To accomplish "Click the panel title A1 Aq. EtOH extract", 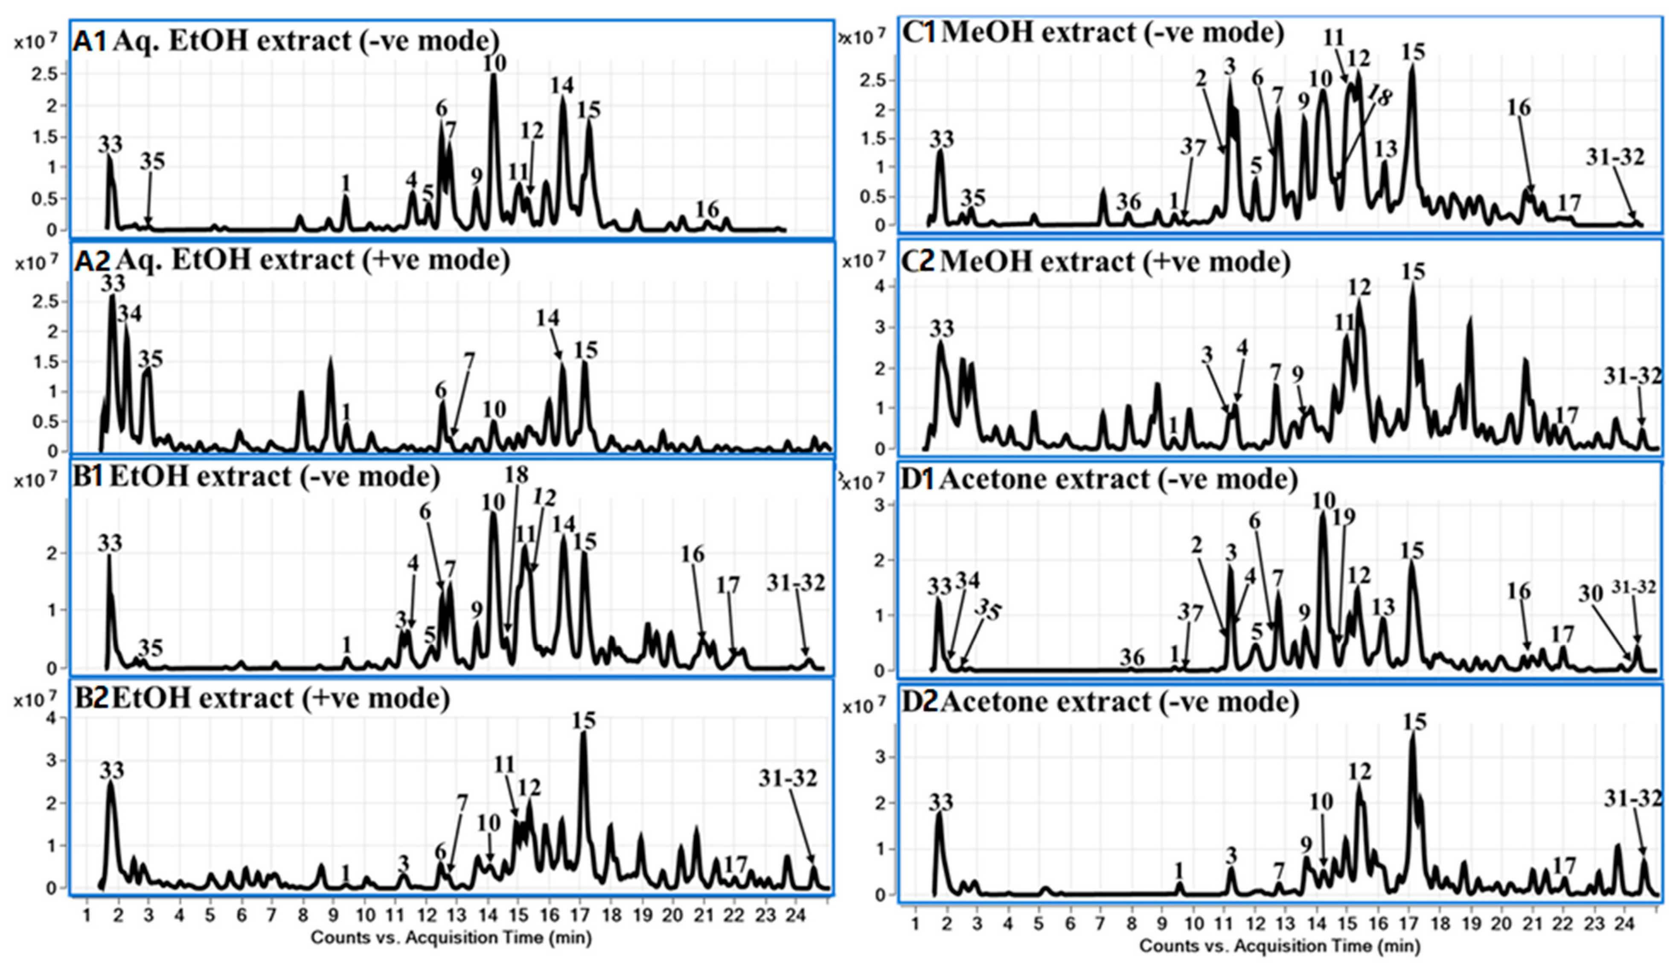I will pos(286,41).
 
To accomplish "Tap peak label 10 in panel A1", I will pos(494,63).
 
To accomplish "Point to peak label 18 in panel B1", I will pos(516,475).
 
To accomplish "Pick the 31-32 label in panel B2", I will pos(788,778).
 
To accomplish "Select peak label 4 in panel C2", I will pos(1242,347).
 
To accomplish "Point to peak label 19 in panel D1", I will pos(1344,517).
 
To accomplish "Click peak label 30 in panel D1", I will pos(1591,593).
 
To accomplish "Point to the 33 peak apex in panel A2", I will pos(113,297).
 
